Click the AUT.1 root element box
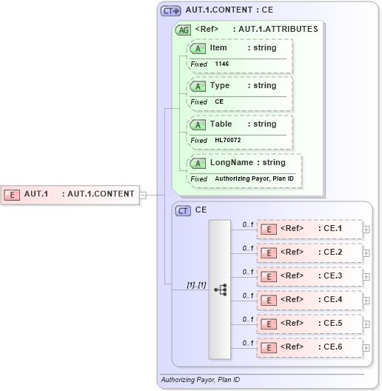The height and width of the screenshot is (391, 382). coord(70,194)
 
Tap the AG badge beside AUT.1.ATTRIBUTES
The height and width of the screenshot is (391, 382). coord(183,30)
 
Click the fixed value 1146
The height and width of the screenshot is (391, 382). coord(222,64)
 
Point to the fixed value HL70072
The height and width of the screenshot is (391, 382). coord(228,140)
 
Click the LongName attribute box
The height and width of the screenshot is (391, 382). coord(245,163)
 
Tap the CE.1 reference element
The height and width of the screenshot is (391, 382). coord(309,228)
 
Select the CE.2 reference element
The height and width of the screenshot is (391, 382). coord(309,252)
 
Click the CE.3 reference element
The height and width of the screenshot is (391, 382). coord(309,275)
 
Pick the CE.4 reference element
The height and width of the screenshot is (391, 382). coord(309,300)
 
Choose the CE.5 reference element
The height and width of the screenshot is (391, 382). coord(309,324)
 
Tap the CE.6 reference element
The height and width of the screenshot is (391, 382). coord(309,347)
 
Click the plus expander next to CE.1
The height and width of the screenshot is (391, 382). coord(366,229)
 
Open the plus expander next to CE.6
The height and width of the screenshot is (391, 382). coord(366,347)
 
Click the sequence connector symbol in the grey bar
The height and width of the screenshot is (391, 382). coord(221,290)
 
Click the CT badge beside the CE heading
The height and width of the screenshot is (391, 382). coord(183,210)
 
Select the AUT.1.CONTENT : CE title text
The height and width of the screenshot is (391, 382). coord(229,10)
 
